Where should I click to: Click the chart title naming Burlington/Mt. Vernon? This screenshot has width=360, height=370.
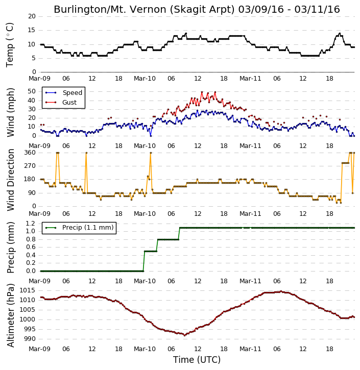coord(197,10)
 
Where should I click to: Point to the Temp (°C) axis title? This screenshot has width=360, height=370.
coord(10,45)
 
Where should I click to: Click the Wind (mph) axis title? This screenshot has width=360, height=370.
coord(10,112)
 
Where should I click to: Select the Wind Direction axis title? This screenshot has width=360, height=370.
coord(10,180)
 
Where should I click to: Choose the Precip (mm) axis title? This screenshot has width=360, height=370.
coord(10,248)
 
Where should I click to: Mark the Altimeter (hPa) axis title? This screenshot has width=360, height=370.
coord(10,315)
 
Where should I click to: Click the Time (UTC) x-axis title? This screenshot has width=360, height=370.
coord(197,360)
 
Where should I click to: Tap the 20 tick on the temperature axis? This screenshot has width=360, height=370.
coord(32,16)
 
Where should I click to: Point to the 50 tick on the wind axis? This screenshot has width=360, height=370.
coord(32,91)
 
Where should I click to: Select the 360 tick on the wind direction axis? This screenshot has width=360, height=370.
coord(30,153)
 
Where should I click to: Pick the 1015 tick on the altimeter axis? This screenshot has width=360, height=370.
coord(28,290)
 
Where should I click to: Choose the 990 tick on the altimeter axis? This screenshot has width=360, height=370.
coord(30,339)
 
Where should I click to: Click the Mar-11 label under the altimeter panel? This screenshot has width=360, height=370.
coord(250,349)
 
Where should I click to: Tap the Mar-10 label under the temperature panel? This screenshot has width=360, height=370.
coord(145,79)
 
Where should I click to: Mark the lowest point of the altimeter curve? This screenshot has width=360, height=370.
coord(185,335)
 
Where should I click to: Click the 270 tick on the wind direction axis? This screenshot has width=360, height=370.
coord(30,166)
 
